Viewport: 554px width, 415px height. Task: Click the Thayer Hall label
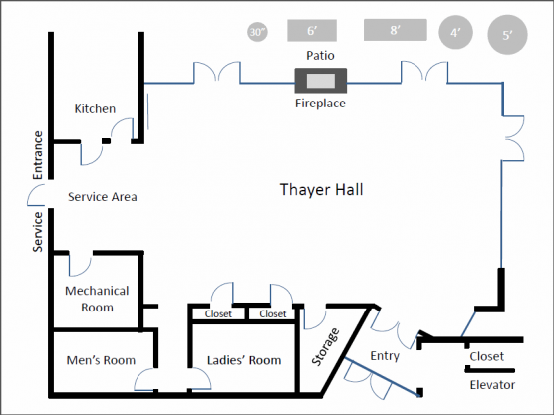click(x=321, y=190)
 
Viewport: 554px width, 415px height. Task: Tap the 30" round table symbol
click(x=257, y=32)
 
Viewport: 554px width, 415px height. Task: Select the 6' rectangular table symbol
click(x=312, y=30)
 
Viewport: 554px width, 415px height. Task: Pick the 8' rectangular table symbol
click(x=396, y=30)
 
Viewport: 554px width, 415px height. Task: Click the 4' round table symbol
click(x=455, y=33)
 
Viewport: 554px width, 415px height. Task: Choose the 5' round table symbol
click(x=507, y=35)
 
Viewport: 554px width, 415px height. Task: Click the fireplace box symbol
click(x=321, y=81)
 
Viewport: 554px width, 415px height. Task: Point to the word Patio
click(x=320, y=56)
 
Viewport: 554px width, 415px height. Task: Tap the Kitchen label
click(x=95, y=109)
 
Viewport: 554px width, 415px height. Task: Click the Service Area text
click(x=103, y=197)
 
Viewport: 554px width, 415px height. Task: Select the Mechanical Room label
click(x=97, y=299)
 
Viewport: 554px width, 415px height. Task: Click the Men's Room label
click(x=101, y=360)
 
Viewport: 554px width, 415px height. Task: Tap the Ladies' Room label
click(x=244, y=360)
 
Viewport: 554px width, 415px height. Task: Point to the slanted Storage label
click(x=325, y=347)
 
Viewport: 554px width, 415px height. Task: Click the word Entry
click(x=385, y=356)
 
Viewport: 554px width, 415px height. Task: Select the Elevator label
click(x=492, y=385)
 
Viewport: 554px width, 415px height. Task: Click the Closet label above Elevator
click(x=487, y=356)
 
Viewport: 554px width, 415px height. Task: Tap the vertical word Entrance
click(x=38, y=155)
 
